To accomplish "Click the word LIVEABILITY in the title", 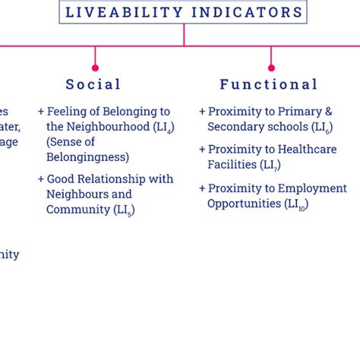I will pyautogui.click(x=125, y=12).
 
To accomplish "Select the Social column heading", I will pyautogui.click(x=93, y=84).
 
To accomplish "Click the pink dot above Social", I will pyautogui.click(x=95, y=68).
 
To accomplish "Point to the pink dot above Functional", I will pyautogui.click(x=271, y=68).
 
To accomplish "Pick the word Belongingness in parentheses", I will pyautogui.click(x=87, y=157).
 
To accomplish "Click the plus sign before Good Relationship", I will pyautogui.click(x=41, y=180).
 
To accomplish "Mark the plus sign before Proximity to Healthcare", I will pyautogui.click(x=202, y=150).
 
